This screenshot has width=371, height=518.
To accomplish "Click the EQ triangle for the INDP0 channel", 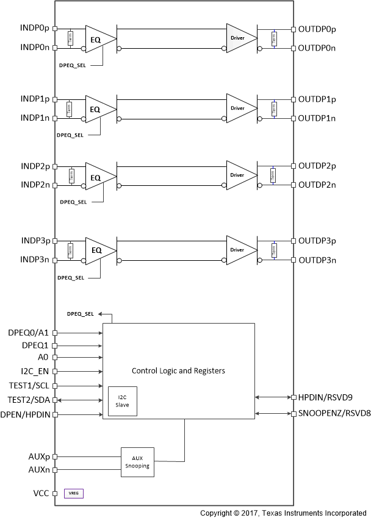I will click(98, 38).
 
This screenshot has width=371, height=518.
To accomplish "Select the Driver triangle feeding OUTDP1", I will click(239, 108).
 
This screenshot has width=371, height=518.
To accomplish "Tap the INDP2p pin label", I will click(36, 166).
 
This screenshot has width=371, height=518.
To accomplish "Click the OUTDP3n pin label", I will click(317, 260).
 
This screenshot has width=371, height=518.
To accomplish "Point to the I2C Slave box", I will click(123, 401).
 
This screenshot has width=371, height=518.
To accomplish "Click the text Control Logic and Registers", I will click(178, 370).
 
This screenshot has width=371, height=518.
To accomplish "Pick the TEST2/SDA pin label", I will click(29, 400).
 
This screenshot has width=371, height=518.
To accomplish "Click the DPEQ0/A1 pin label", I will click(29, 333).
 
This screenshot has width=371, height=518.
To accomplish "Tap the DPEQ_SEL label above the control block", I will click(80, 313).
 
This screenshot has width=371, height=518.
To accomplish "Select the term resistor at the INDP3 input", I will click(70, 250).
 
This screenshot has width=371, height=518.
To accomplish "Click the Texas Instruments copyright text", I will click(284, 513).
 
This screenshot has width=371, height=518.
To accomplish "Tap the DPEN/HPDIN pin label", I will click(28, 414).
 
